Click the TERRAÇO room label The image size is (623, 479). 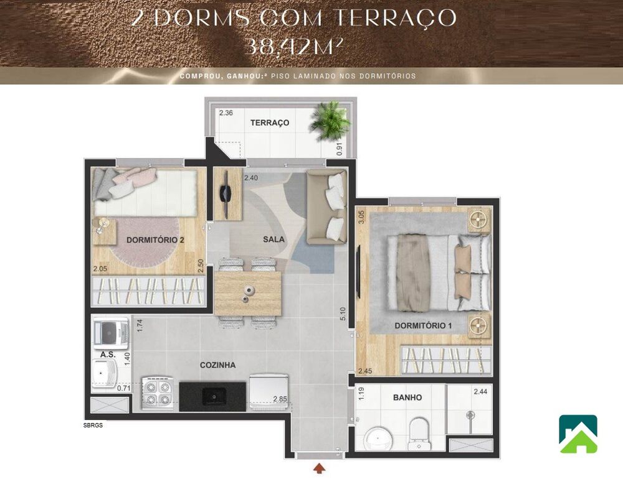click(270, 123)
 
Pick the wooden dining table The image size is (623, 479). click(248, 293)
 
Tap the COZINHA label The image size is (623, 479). click(217, 365)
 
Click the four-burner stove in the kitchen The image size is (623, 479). click(158, 393)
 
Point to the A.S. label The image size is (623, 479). click(107, 354)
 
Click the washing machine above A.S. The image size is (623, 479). click(110, 332)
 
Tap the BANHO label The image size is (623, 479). click(407, 398)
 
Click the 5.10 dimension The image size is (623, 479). click(342, 314)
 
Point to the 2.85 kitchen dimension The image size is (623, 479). click(280, 399)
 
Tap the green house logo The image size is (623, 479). click(578, 434)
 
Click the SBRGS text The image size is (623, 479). click(92, 426)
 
